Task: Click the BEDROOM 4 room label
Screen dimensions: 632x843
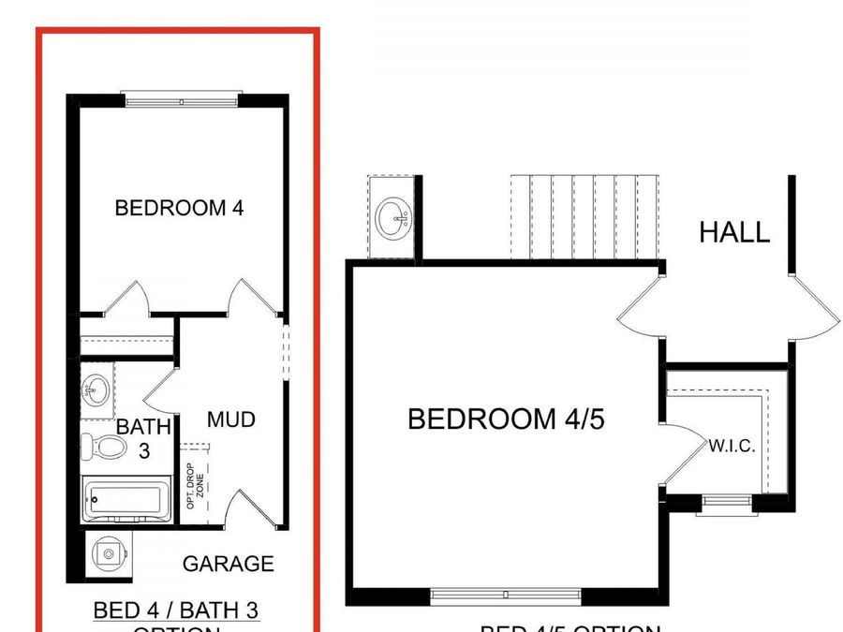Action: (179, 208)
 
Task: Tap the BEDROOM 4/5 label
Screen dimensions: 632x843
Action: (506, 419)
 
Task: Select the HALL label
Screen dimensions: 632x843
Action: (734, 231)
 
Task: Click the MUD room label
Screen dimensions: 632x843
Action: (230, 419)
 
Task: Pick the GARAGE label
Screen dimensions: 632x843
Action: (228, 564)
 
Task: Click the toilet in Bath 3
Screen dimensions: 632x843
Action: (104, 448)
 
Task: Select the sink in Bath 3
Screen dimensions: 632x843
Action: (96, 386)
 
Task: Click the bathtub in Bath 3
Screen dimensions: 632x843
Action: (126, 499)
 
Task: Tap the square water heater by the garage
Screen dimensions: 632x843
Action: (109, 554)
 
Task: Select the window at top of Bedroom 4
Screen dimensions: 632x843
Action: (182, 98)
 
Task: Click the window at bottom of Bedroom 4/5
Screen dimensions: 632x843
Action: (506, 595)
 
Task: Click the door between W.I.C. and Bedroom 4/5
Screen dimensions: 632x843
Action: (682, 455)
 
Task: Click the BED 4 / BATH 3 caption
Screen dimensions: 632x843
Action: (176, 611)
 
